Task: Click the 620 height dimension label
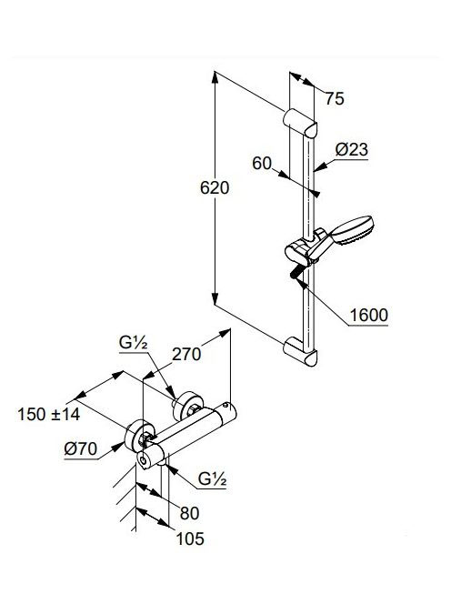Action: point(215,188)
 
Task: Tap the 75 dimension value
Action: point(335,98)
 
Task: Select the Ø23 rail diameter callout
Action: point(351,149)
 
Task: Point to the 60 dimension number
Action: point(262,164)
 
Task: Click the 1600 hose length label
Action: point(368,315)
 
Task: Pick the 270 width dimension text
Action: point(186,355)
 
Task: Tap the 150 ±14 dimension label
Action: point(49,415)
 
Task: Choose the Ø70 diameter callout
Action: point(81,449)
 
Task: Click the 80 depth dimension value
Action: point(189,513)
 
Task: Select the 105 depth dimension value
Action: point(190,539)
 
